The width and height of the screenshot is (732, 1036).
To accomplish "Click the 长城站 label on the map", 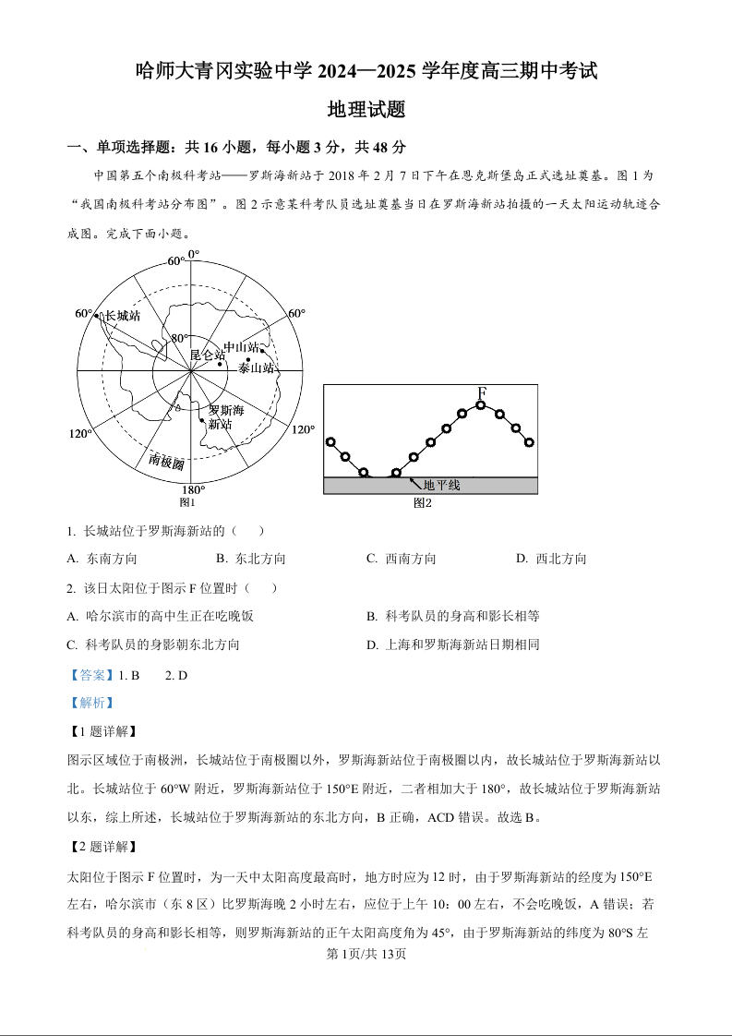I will point(123,316).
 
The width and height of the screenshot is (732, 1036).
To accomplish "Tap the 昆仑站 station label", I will point(207,355).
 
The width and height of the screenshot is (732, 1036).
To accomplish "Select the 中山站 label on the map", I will point(241,347).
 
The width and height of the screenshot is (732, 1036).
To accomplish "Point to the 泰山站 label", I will point(256,367).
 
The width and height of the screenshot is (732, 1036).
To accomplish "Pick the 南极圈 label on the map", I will point(166,460).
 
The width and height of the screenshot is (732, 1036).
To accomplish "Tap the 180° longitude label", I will point(192,489).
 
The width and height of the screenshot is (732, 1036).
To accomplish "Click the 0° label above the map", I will point(193,254).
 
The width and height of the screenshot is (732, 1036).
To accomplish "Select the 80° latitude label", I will point(179,339).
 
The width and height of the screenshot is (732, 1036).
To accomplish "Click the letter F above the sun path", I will point(481,394).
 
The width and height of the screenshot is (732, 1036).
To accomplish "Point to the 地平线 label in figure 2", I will point(441,485).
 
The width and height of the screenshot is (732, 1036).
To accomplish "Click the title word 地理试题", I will point(366,110).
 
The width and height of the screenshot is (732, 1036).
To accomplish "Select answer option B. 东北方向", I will point(251,559).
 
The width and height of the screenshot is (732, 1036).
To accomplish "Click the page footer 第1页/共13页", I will point(366,954).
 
